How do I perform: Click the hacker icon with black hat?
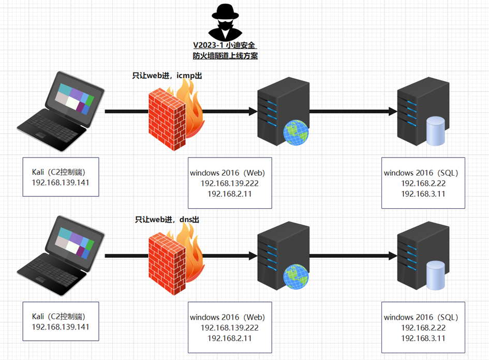click(x=225, y=23)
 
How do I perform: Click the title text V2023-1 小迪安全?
click(x=225, y=46)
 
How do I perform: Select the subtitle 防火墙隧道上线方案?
click(x=225, y=56)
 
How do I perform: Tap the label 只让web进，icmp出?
click(x=167, y=76)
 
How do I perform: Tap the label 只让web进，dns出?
click(x=167, y=220)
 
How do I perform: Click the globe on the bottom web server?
click(x=296, y=278)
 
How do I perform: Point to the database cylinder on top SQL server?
click(x=435, y=131)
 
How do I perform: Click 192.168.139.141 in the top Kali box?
click(x=61, y=182)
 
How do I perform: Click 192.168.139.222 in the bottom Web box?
click(x=230, y=327)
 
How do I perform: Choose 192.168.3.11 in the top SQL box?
click(x=423, y=194)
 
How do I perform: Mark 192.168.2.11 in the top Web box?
click(x=230, y=194)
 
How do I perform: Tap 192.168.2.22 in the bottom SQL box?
click(x=423, y=327)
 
